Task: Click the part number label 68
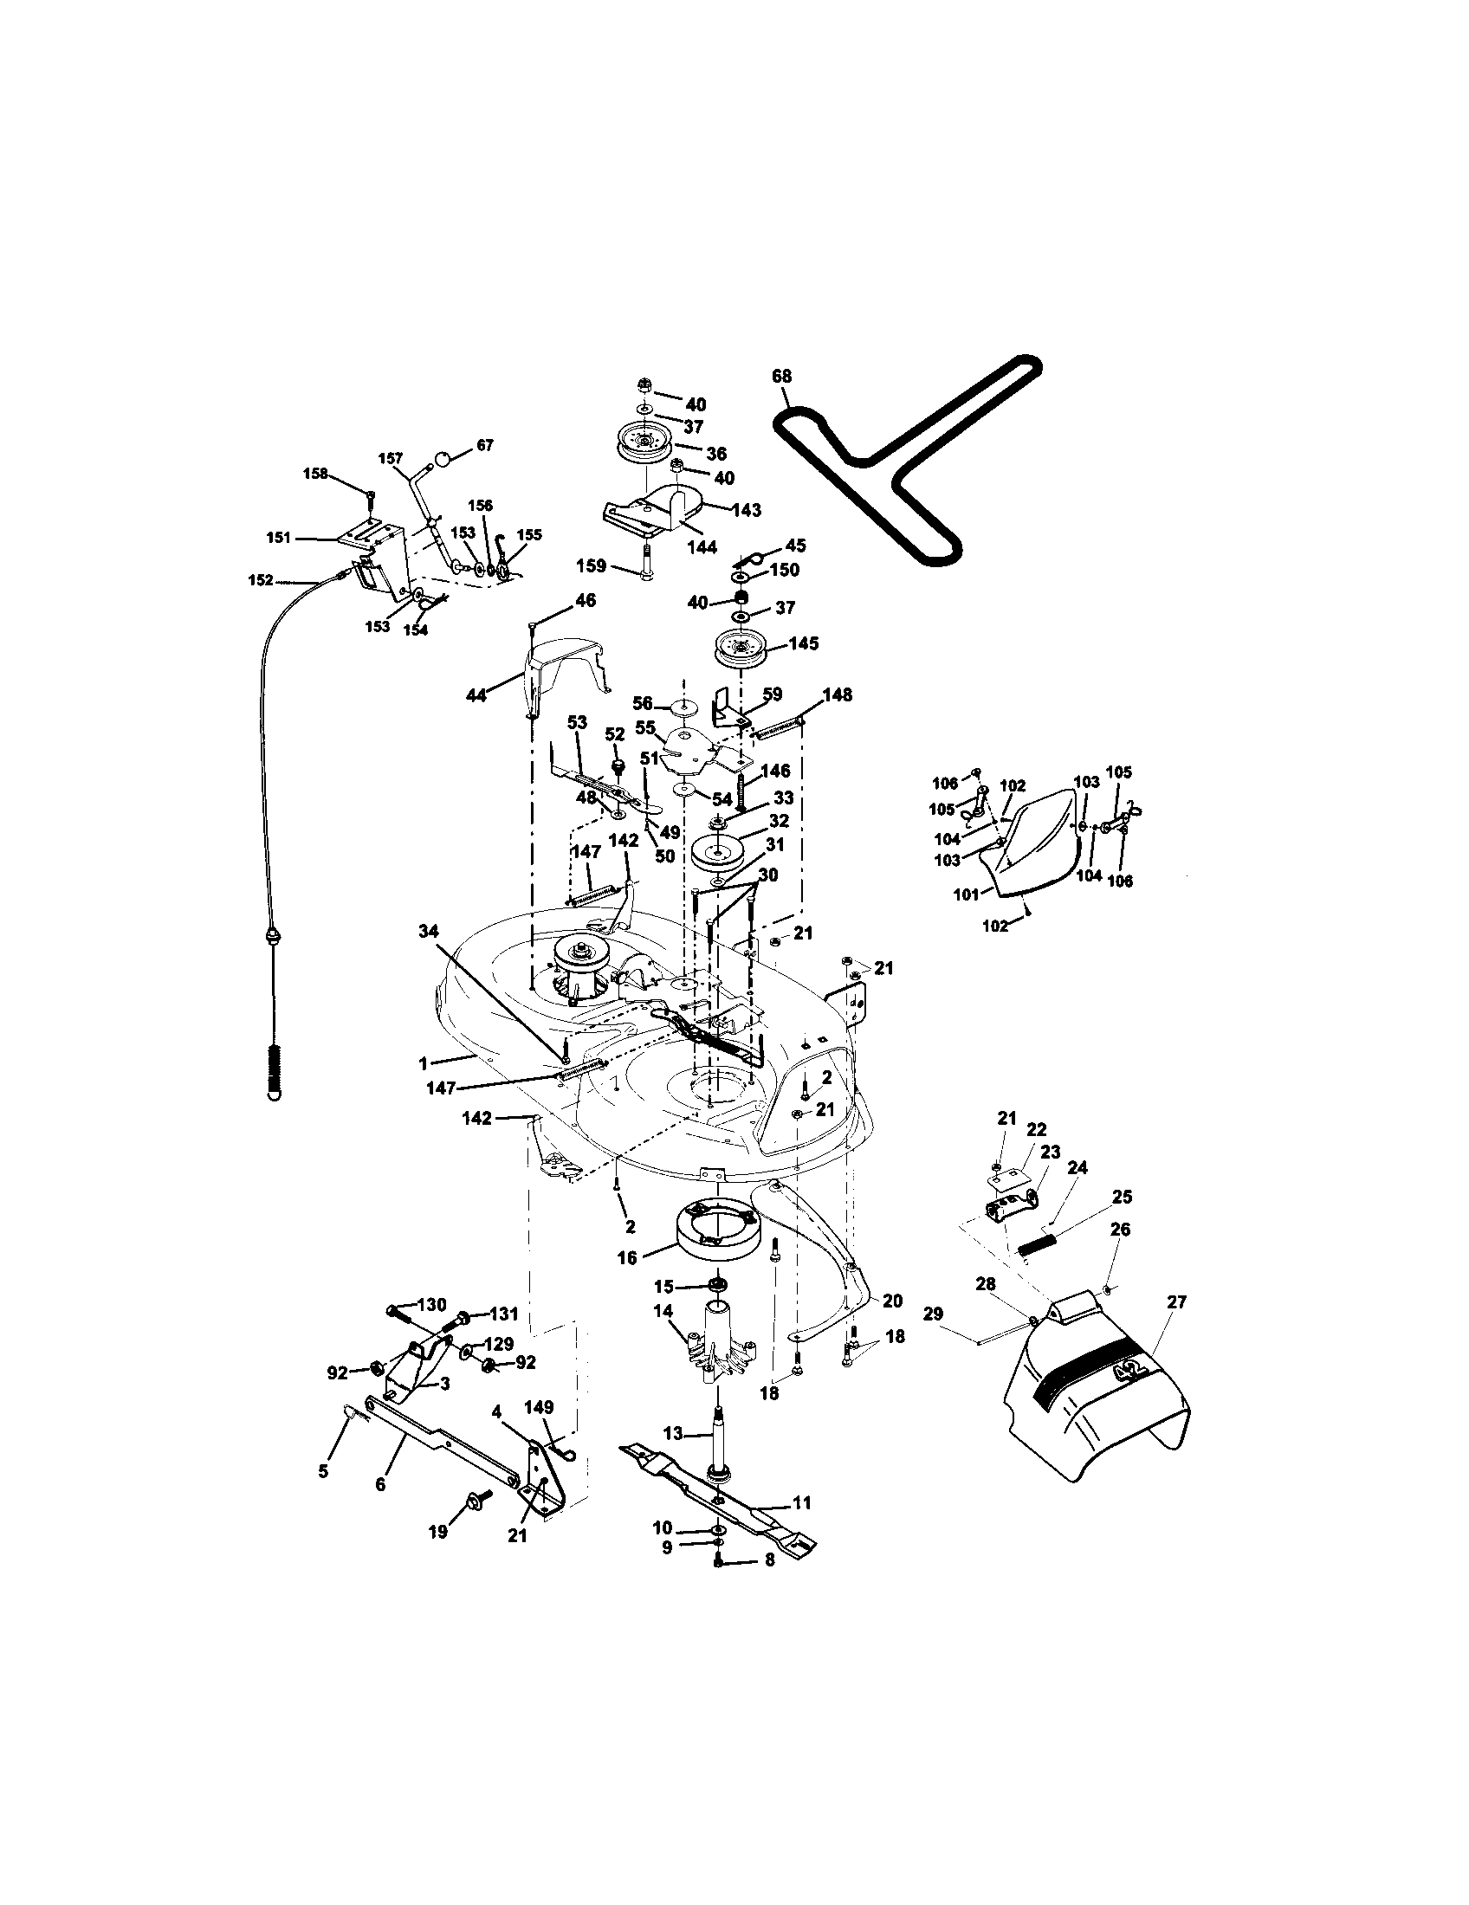coord(781,377)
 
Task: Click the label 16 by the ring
coord(627,1257)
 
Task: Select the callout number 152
coord(261,580)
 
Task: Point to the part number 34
coord(427,933)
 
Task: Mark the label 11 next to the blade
coord(802,1502)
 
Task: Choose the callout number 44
coord(476,695)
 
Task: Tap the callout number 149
coord(540,1407)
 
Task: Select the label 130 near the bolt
coord(432,1305)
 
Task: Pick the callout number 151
coord(278,539)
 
